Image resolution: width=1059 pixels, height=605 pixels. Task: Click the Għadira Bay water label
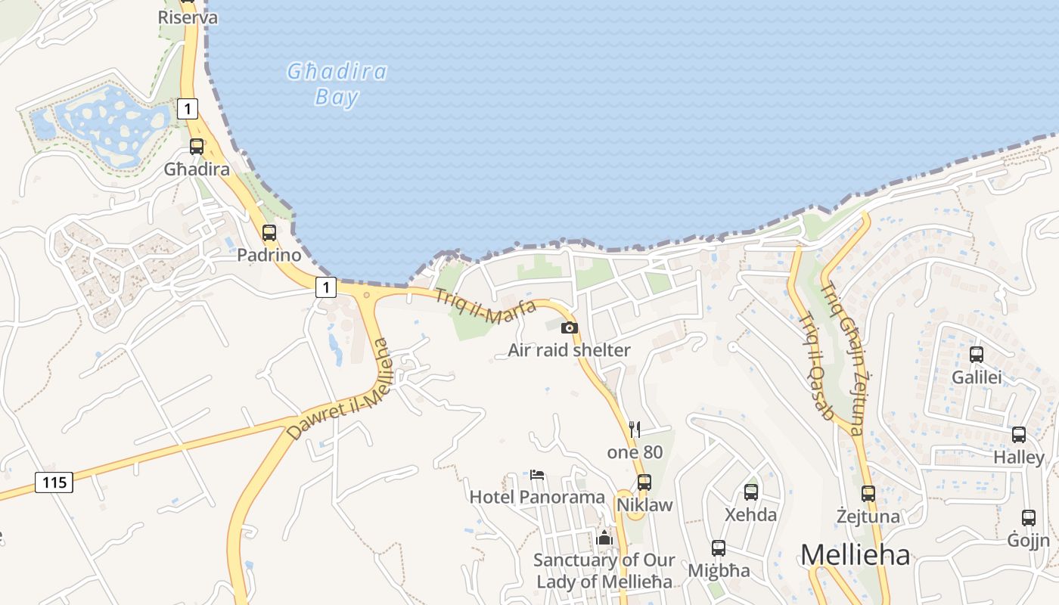click(337, 83)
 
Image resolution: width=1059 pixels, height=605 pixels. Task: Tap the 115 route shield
click(54, 482)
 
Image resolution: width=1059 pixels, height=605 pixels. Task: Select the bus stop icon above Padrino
click(269, 233)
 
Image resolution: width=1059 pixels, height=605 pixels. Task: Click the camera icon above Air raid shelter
click(570, 327)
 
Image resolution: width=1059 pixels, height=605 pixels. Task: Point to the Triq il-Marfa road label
click(485, 306)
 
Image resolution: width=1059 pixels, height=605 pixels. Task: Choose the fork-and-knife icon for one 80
click(635, 430)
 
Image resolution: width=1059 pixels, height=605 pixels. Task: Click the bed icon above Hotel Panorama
click(537, 475)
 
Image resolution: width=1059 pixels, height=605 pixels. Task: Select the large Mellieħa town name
click(855, 555)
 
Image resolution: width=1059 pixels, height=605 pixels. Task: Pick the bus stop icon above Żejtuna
click(868, 494)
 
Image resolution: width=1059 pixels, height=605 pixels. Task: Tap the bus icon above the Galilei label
click(977, 354)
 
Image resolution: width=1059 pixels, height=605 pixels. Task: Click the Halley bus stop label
click(1018, 458)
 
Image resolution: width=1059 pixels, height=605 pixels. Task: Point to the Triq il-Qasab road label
click(816, 366)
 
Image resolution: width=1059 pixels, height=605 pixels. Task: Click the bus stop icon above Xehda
click(751, 492)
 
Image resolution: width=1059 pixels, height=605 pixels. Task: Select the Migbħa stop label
click(719, 570)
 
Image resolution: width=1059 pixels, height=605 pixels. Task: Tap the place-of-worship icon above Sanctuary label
click(604, 538)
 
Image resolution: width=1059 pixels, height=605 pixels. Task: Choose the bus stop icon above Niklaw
click(644, 482)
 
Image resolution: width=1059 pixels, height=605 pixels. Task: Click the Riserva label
click(188, 17)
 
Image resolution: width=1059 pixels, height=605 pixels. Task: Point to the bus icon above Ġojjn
click(1029, 518)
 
